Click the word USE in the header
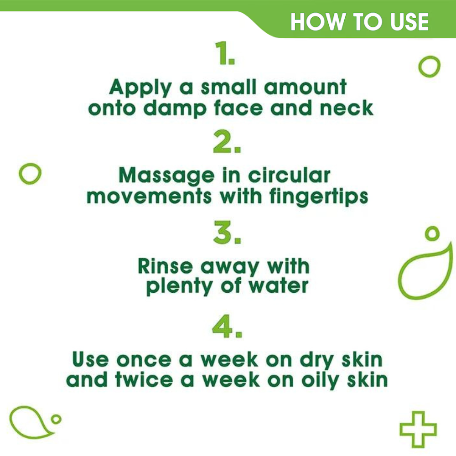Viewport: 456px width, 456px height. pos(409,22)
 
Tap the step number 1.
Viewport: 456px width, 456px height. pos(224,53)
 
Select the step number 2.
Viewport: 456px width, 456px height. pos(227,142)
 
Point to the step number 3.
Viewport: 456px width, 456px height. pos(227,233)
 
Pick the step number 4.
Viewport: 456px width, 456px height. pos(227,326)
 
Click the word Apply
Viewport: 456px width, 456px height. pos(140,88)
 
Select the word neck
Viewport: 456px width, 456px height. pos(347,108)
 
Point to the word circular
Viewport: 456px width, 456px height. pos(289,176)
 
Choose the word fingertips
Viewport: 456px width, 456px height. pos(319,197)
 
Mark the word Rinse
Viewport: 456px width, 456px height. pos(165,266)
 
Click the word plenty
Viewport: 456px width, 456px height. pos(179,287)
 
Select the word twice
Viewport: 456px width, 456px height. pos(144,380)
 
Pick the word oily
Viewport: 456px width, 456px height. pos(320,381)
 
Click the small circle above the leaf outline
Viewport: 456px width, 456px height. pos(432,233)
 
